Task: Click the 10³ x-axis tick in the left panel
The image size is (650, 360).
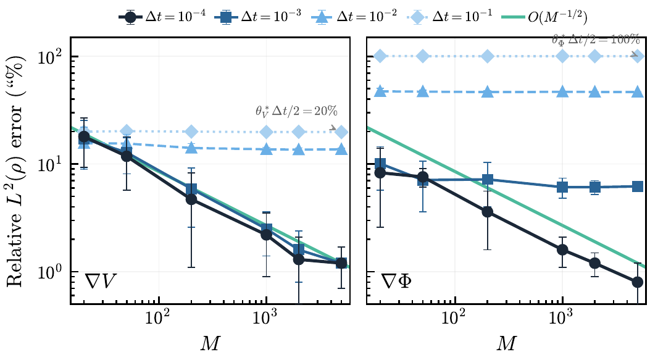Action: click(266, 319)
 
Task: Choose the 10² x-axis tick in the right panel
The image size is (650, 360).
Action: click(455, 319)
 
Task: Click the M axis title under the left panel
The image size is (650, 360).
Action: click(210, 344)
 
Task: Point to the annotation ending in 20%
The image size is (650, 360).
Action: click(291, 112)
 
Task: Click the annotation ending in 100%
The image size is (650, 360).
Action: click(595, 40)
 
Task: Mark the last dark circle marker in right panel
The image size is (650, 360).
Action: click(638, 282)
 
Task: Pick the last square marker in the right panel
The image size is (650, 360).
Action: click(638, 186)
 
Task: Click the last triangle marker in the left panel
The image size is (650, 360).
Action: click(341, 149)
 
